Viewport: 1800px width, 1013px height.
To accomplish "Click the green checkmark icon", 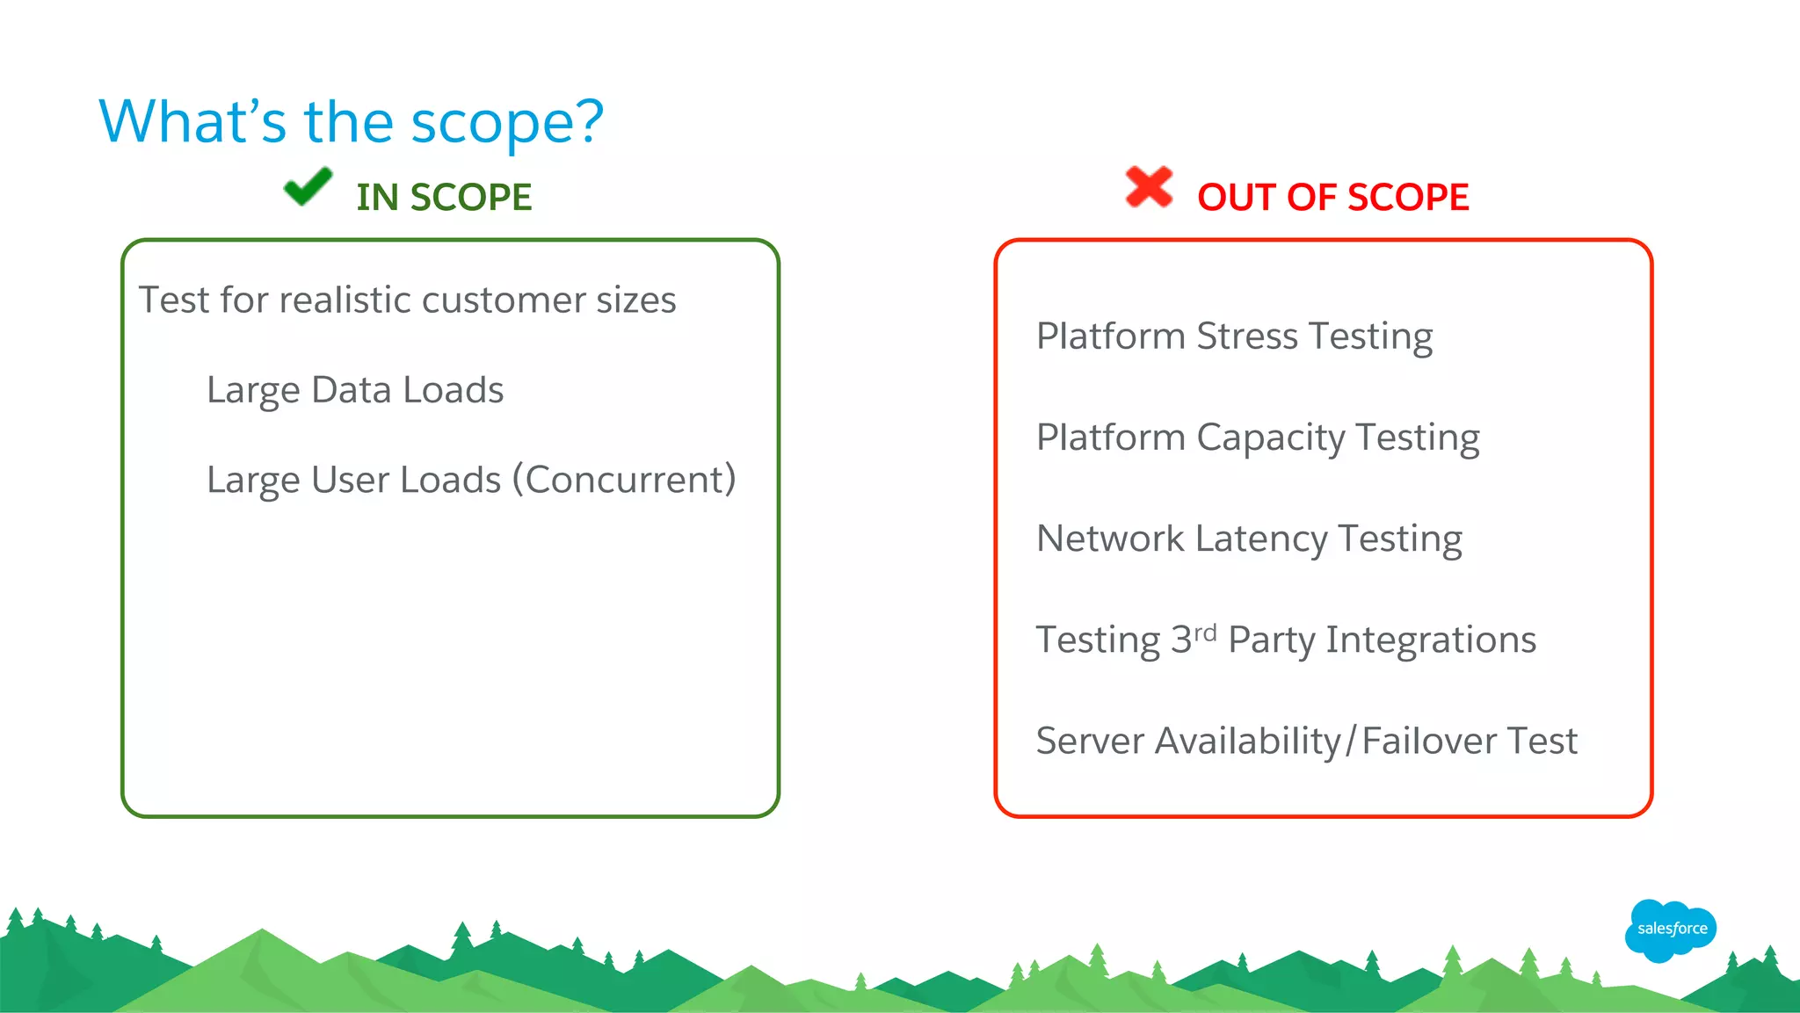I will click(308, 187).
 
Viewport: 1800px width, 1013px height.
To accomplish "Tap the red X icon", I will click(1149, 187).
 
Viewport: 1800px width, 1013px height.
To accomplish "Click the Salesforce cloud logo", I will click(1671, 930).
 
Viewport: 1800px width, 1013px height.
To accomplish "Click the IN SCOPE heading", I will click(444, 198).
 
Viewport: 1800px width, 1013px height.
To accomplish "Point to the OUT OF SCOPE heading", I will click(1332, 198).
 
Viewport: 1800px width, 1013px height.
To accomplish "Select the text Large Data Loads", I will click(355, 390).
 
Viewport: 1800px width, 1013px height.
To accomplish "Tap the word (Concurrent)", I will click(624, 480).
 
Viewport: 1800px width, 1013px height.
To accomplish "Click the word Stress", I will click(1246, 336).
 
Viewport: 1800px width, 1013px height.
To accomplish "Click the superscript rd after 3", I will click(1205, 632).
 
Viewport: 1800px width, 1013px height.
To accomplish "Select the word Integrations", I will click(1431, 640).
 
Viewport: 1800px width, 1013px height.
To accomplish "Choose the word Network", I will click(1110, 539).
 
